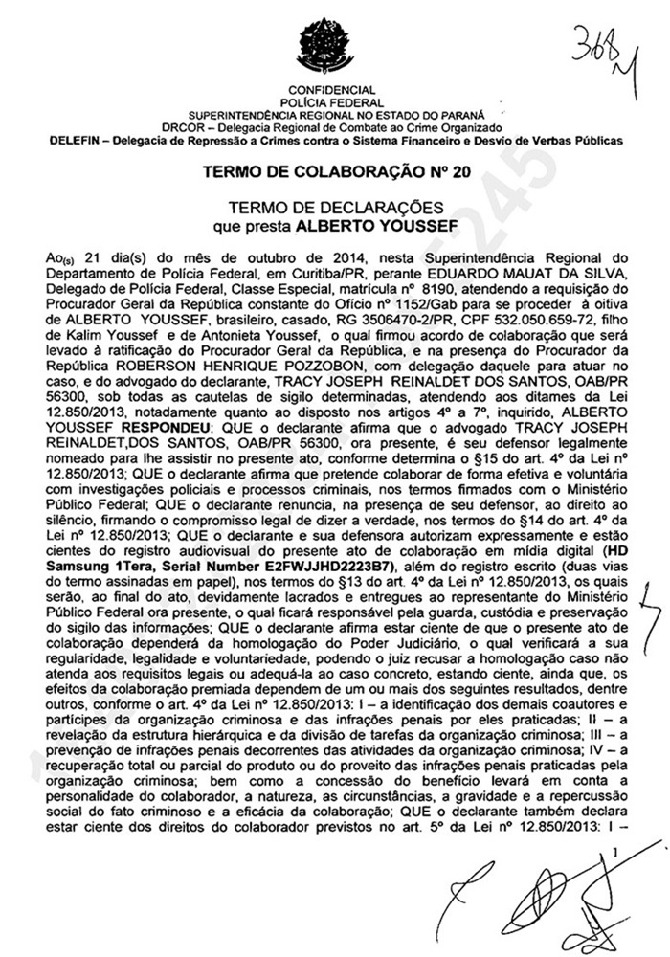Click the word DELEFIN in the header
73,140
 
